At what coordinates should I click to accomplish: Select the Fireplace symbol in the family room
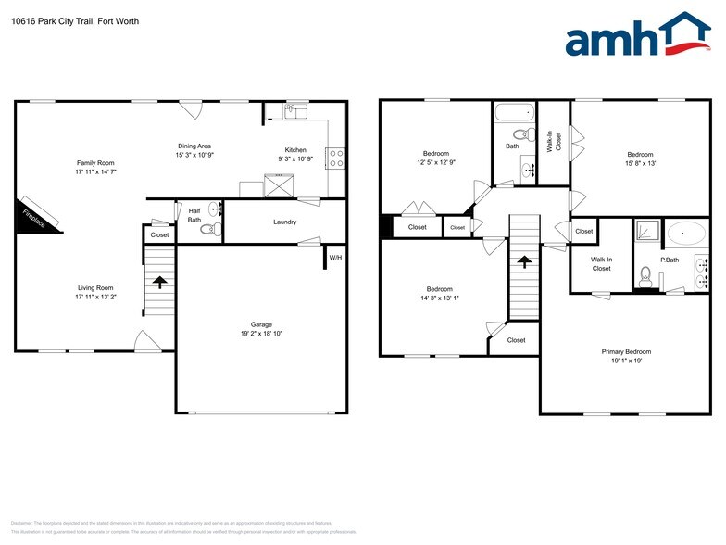[37, 213]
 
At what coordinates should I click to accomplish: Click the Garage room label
[262, 324]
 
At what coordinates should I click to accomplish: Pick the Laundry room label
[284, 222]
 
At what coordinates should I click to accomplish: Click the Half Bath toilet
[207, 228]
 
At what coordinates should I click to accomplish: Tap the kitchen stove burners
[335, 158]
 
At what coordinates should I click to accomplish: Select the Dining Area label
[194, 146]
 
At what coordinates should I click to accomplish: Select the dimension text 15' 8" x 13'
[640, 163]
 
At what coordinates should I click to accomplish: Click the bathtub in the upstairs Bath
[514, 113]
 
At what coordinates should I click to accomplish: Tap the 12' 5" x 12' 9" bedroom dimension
[436, 162]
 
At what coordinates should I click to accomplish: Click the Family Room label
[95, 163]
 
